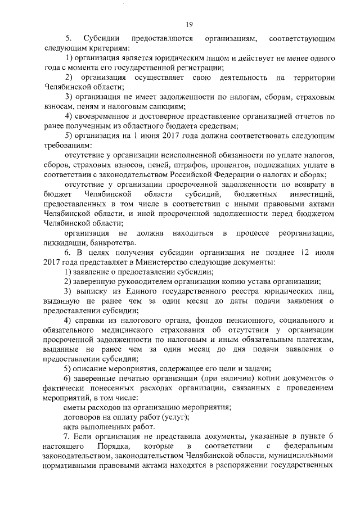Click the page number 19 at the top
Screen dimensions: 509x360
(189, 23)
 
